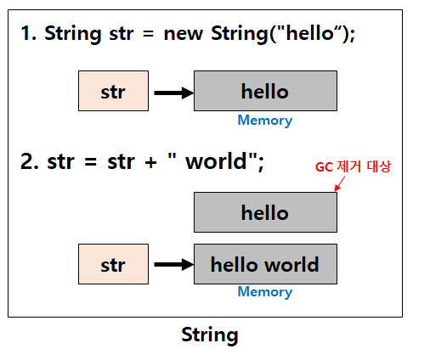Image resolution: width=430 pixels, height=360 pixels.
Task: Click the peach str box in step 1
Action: [x=113, y=92]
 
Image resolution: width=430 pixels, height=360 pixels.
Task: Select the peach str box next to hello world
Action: [x=113, y=264]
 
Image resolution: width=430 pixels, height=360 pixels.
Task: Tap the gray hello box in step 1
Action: [x=265, y=92]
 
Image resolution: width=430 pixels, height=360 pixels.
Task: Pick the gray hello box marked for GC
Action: [x=265, y=212]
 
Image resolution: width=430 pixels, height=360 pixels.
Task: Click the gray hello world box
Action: [x=265, y=264]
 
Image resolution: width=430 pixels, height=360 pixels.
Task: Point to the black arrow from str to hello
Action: [x=173, y=93]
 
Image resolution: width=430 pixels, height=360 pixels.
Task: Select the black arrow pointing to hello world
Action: [x=173, y=265]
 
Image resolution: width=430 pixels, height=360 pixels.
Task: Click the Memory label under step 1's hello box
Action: [x=264, y=121]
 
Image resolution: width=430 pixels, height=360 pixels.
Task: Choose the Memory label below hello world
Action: [x=264, y=292]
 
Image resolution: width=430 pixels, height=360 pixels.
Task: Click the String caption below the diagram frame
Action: [x=210, y=335]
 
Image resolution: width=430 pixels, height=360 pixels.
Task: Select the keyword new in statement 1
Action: [x=184, y=35]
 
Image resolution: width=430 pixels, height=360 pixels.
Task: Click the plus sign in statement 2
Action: [x=151, y=162]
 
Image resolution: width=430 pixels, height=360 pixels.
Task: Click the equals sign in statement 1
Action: [x=144, y=36]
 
